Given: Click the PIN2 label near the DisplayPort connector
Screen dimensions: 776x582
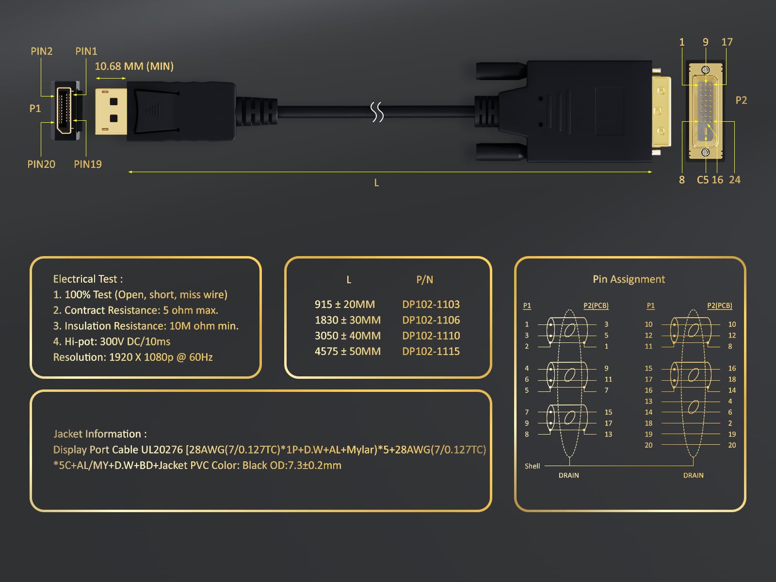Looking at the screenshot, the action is click(x=42, y=51).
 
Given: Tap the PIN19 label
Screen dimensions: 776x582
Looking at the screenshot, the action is click(x=88, y=164).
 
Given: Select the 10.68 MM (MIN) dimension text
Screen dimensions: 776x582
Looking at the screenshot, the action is click(x=134, y=66).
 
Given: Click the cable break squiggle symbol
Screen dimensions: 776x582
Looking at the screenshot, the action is click(x=377, y=112).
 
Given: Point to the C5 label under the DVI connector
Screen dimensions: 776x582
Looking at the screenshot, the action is click(x=703, y=180).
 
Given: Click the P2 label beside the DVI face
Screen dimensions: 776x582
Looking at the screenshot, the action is click(x=742, y=100).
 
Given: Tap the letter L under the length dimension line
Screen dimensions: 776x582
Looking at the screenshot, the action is click(x=376, y=183).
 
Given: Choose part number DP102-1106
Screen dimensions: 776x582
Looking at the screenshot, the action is click(x=431, y=320).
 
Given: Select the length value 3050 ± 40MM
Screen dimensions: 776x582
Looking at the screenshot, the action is click(x=348, y=336).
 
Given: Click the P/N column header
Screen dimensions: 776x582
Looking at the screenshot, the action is click(x=424, y=280).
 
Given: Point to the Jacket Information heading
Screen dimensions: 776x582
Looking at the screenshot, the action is click(x=100, y=434).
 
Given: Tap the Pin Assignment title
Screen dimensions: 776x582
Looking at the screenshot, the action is click(x=629, y=279).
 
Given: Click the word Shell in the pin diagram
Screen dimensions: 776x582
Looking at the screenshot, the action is click(x=532, y=466).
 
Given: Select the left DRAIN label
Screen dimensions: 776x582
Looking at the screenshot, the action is click(x=569, y=476).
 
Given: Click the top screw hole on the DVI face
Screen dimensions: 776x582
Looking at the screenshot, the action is click(x=705, y=70).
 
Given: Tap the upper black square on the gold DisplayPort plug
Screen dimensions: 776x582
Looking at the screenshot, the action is click(x=114, y=102).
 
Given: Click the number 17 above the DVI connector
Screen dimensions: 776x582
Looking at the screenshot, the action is click(x=727, y=42).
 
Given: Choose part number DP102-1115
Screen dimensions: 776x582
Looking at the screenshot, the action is click(x=431, y=352).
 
